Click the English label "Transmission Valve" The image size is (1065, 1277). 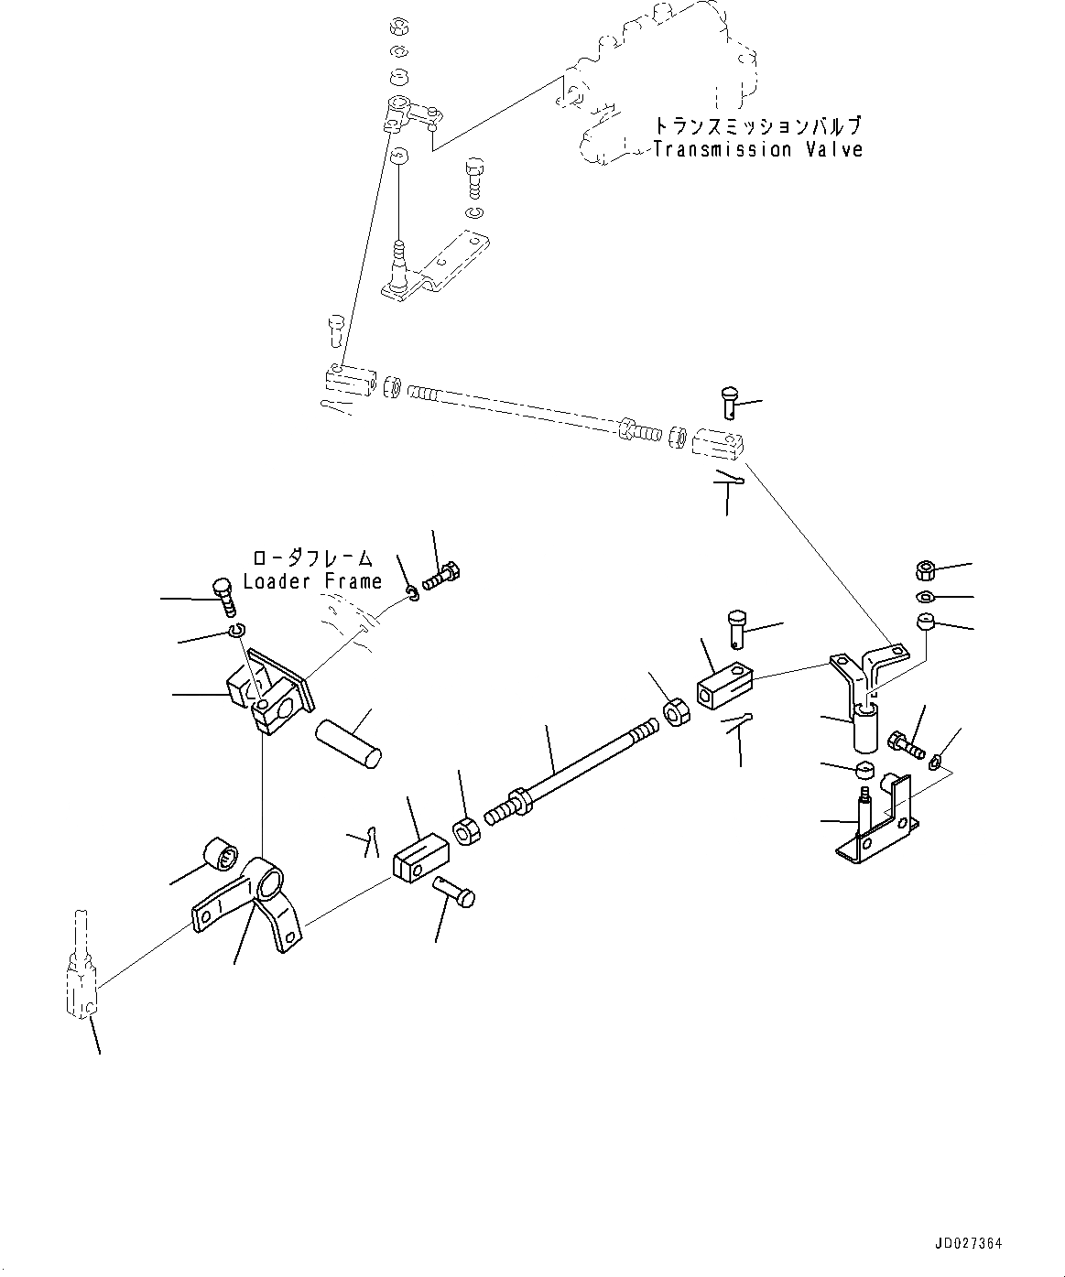(757, 150)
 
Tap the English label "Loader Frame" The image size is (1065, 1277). (312, 581)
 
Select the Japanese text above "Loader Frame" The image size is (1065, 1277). (312, 557)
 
